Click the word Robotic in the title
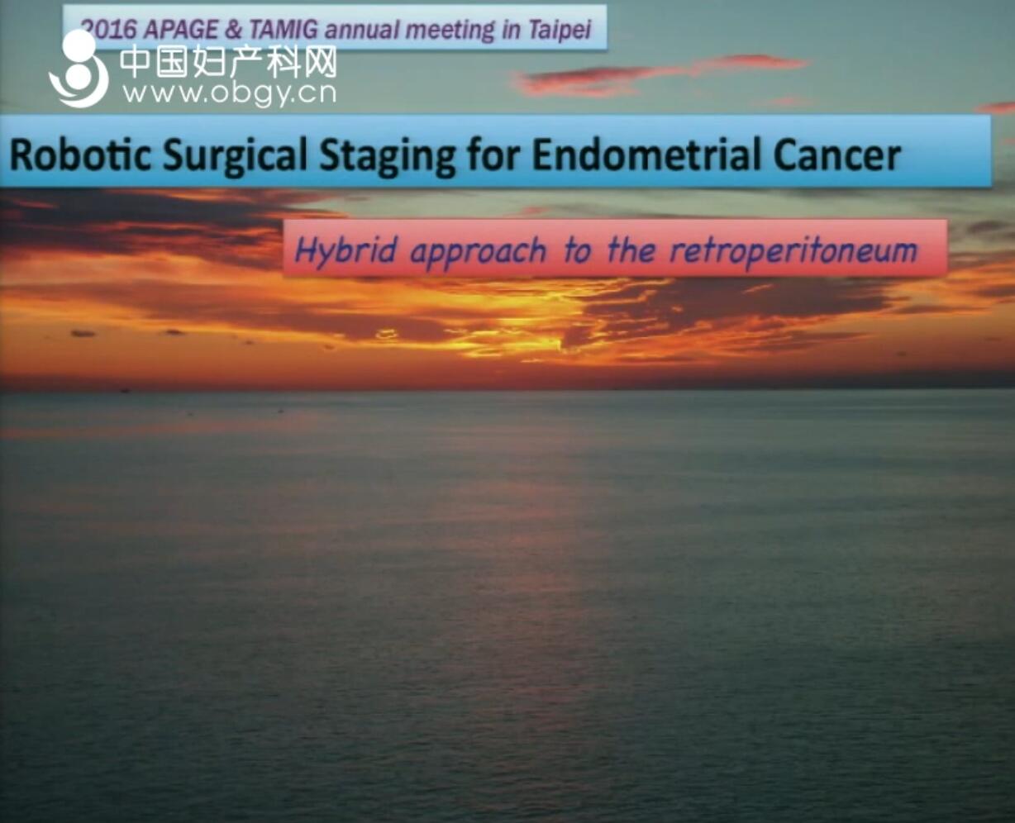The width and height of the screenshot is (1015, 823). (79, 155)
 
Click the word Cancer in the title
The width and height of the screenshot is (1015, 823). (836, 155)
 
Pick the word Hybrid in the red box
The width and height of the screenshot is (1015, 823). (345, 251)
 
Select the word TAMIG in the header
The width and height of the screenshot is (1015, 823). (284, 30)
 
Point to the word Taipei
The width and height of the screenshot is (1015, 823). (560, 31)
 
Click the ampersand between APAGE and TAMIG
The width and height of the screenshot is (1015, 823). (233, 30)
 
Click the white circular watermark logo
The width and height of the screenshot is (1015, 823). (79, 68)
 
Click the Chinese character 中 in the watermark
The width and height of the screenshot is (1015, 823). (135, 62)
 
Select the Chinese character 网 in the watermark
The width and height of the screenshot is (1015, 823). (320, 62)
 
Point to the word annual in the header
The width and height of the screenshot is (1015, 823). (360, 30)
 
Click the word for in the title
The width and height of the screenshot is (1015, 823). (493, 155)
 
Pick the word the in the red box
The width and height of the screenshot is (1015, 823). (631, 250)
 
